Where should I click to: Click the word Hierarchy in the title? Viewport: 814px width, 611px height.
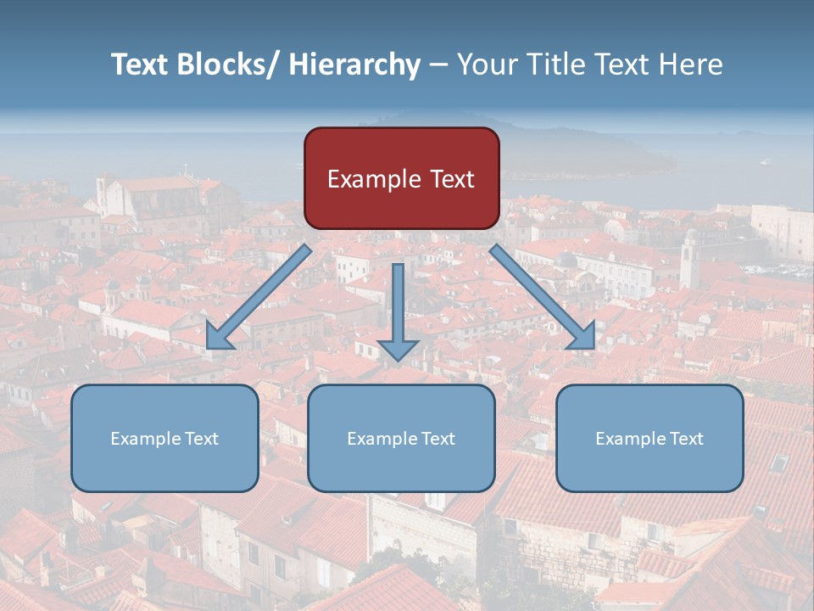354,64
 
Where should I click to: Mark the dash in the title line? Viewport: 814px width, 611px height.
438,65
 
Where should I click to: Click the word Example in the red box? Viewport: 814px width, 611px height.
368,180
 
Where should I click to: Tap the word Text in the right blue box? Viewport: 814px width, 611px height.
684,439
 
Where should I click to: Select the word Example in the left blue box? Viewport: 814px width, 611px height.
145,439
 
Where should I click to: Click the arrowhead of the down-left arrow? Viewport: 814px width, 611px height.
219,337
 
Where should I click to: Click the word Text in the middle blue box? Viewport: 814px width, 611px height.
436,439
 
